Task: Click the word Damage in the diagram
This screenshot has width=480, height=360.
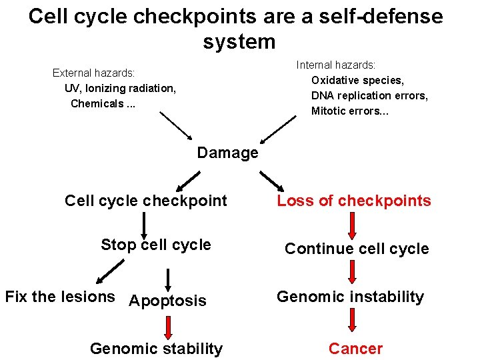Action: (x=228, y=153)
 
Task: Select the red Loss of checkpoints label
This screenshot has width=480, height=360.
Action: (x=354, y=201)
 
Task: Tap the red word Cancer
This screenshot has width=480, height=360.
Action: (x=356, y=349)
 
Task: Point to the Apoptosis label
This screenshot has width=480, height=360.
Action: (x=167, y=301)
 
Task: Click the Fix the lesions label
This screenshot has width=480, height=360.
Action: (x=60, y=297)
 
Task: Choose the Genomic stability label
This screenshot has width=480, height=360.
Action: (x=157, y=349)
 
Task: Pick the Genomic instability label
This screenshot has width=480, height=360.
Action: (x=350, y=297)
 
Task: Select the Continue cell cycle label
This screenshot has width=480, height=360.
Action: (x=357, y=249)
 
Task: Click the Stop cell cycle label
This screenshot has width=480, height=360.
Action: (x=156, y=245)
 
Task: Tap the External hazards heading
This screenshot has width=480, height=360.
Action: (x=94, y=73)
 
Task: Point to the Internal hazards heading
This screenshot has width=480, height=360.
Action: (x=336, y=65)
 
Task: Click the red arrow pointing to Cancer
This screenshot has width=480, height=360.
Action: (x=353, y=320)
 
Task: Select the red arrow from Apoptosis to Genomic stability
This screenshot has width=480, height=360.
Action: (x=168, y=328)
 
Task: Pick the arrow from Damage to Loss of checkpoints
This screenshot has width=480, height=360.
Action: (x=272, y=181)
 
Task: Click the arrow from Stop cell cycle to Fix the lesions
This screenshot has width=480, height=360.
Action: (x=110, y=271)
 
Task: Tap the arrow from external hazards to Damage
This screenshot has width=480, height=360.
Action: (x=176, y=126)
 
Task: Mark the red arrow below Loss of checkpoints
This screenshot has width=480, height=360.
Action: (x=353, y=226)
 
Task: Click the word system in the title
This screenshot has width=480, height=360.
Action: (x=239, y=41)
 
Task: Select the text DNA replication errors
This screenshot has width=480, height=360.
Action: (x=369, y=95)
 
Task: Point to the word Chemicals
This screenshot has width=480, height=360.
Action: (x=97, y=103)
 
